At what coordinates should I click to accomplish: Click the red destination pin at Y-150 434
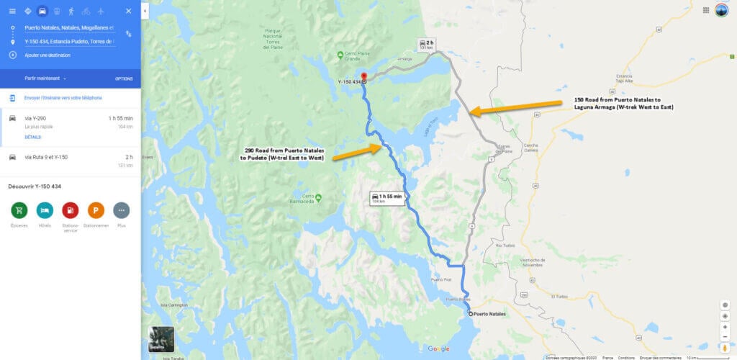[363, 76]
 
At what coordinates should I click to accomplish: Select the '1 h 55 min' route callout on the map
[386, 197]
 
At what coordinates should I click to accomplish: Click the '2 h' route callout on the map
[428, 45]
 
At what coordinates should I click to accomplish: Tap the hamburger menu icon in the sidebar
[12, 11]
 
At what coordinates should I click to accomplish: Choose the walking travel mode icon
[71, 11]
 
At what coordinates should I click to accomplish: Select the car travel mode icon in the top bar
[42, 11]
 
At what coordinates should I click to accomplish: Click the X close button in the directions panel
[128, 11]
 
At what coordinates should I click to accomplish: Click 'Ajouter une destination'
[48, 55]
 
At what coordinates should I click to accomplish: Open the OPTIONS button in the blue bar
[124, 78]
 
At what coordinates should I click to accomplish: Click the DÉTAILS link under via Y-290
[32, 137]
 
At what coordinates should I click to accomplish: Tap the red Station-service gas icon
[71, 210]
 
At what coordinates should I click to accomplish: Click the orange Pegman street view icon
[725, 348]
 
